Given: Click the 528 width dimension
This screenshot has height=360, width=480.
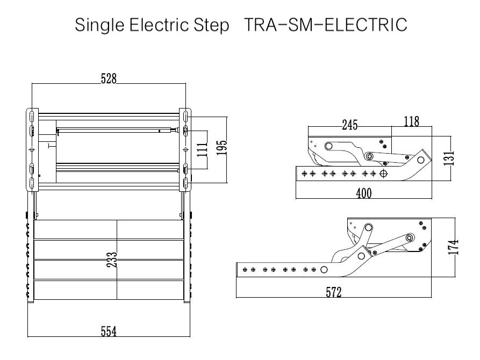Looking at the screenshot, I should pyautogui.click(x=109, y=78).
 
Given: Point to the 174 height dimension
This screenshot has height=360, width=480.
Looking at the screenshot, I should pyautogui.click(x=455, y=246).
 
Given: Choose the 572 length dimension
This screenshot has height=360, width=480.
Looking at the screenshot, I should pyautogui.click(x=334, y=292).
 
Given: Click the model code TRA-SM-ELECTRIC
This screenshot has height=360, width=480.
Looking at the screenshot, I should pyautogui.click(x=324, y=25).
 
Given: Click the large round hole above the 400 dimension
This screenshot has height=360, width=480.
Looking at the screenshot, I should pyautogui.click(x=383, y=174).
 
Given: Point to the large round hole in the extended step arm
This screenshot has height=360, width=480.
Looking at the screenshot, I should pyautogui.click(x=324, y=269).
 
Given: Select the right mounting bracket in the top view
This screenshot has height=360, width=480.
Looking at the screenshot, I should pyautogui.click(x=184, y=149).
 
